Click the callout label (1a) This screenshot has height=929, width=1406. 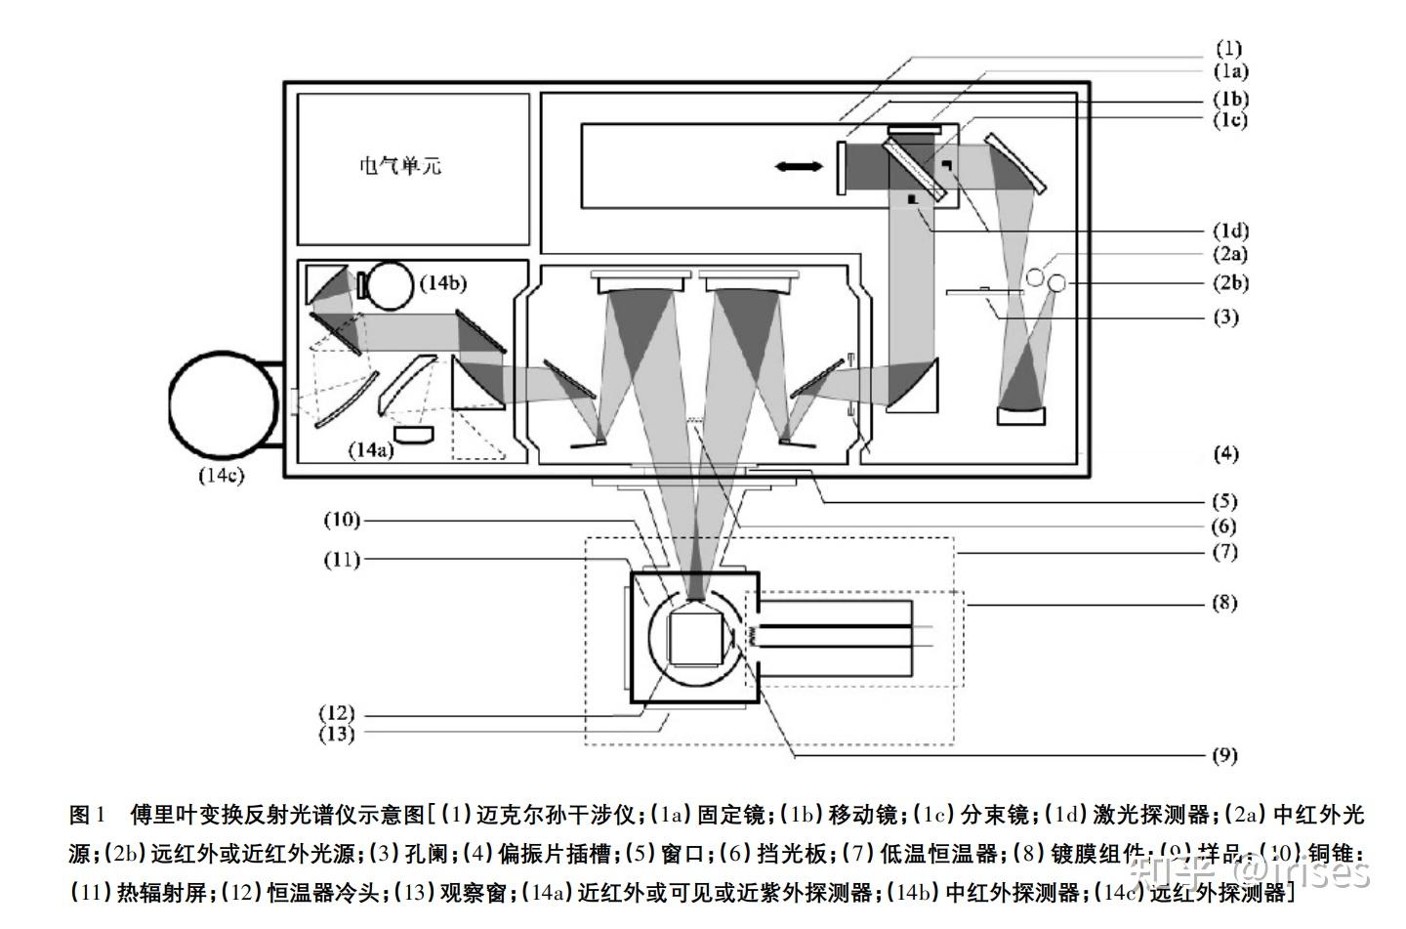(1230, 71)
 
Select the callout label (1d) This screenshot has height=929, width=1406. (1230, 232)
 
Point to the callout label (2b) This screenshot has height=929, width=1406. (1230, 283)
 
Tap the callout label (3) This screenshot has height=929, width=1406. (1225, 317)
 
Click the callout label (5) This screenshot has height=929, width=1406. (1224, 501)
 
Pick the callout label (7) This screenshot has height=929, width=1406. (1224, 552)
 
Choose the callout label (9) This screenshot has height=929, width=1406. (1224, 754)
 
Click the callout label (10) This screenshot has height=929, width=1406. (341, 520)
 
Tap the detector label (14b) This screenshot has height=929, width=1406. (442, 283)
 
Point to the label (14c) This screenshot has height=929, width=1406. (221, 476)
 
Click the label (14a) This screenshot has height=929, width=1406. (372, 448)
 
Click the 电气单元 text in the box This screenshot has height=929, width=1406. (400, 166)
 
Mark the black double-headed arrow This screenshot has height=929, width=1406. (799, 167)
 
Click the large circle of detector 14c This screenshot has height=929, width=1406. (223, 402)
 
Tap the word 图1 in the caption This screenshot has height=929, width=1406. (87, 815)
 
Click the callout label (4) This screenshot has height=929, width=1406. (1224, 453)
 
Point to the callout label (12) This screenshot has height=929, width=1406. (337, 713)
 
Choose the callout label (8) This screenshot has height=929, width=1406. (1224, 603)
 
